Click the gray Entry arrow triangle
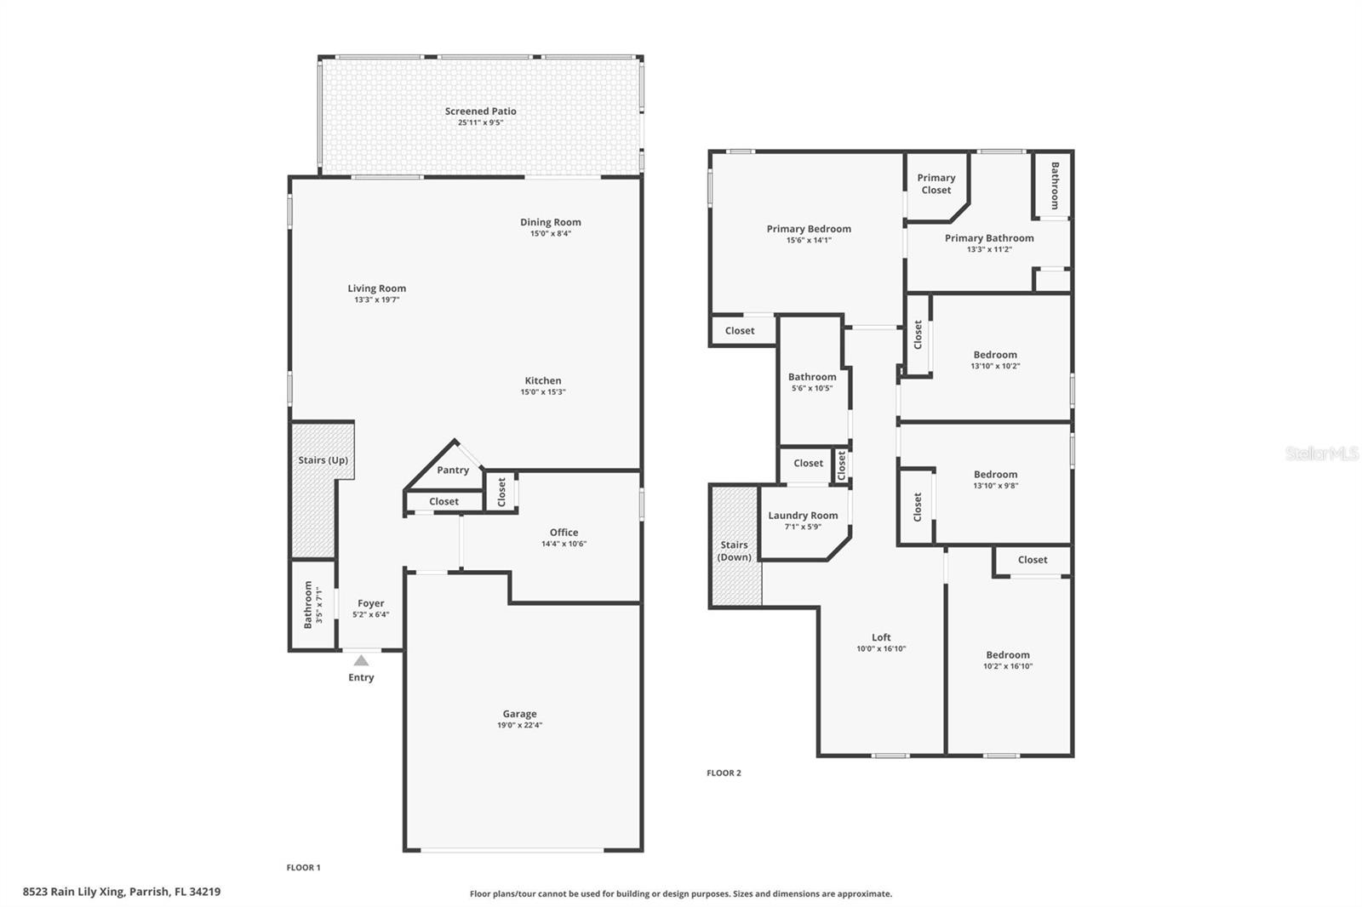click(361, 660)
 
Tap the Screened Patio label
click(480, 111)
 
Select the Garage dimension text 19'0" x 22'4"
click(520, 725)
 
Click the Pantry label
click(453, 470)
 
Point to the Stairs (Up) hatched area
click(313, 489)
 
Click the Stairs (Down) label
click(735, 550)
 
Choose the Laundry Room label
click(803, 516)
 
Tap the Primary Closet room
click(936, 185)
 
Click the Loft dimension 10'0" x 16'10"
click(881, 648)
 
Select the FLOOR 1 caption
click(303, 868)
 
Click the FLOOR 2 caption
click(724, 773)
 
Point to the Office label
click(564, 533)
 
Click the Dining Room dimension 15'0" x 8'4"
click(551, 233)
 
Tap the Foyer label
click(371, 603)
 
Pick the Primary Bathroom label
click(989, 238)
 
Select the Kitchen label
click(543, 380)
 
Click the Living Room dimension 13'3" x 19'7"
click(377, 299)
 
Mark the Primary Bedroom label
click(809, 229)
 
